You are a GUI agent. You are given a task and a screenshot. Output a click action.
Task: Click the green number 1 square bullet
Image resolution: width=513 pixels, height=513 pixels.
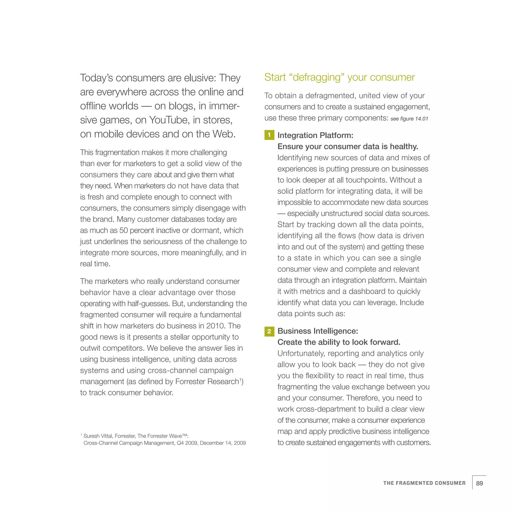(269, 135)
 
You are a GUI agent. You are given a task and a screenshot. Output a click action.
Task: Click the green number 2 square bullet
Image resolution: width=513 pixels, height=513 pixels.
(269, 331)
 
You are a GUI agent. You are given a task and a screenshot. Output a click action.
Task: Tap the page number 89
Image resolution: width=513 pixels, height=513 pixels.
(479, 483)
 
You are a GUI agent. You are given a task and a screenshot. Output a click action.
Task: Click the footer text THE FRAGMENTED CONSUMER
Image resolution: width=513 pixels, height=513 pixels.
(424, 483)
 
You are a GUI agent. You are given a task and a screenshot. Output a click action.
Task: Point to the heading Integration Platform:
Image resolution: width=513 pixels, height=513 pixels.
(315, 135)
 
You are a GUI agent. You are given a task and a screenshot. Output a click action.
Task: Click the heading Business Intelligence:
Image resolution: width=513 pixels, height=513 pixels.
(318, 331)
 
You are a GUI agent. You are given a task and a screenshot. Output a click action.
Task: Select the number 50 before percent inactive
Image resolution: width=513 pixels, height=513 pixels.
(123, 230)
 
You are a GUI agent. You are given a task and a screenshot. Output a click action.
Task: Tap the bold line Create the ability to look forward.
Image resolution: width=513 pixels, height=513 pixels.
(339, 342)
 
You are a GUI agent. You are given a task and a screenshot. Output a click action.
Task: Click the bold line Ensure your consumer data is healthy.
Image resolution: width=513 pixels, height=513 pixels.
(348, 146)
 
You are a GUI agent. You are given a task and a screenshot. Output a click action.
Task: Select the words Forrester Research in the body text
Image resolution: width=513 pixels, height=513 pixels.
(207, 381)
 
